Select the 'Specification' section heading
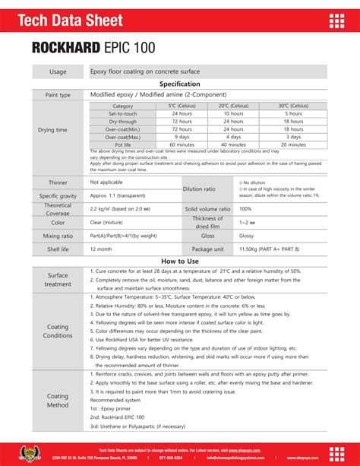coord(180,84)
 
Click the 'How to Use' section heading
coord(180,261)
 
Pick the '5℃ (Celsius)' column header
coord(182,106)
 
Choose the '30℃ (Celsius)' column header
coord(294,106)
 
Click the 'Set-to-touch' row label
coord(122,113)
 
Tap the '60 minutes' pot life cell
coord(182,144)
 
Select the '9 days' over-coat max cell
coord(182,136)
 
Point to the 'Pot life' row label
coord(122,144)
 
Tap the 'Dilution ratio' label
coord(199,189)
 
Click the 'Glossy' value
coord(247,236)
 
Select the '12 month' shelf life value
coord(101,249)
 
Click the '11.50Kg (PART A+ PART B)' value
coord(269,249)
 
